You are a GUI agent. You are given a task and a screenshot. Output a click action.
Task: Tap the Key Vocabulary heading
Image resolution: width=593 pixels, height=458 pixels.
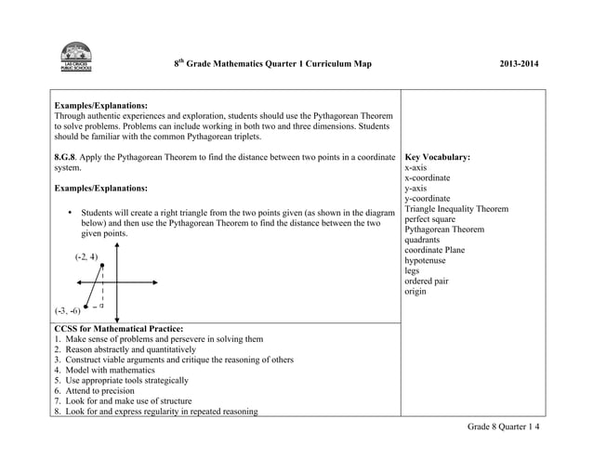(437, 158)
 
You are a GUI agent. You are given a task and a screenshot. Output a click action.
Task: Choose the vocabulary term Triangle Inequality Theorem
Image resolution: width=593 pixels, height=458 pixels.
(456, 209)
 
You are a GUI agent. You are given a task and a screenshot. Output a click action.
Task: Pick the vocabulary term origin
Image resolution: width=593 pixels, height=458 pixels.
(415, 292)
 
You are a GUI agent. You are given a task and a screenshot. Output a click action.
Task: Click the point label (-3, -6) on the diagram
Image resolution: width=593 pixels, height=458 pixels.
(66, 311)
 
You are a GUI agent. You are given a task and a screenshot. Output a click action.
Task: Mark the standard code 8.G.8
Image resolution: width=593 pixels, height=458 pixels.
(66, 158)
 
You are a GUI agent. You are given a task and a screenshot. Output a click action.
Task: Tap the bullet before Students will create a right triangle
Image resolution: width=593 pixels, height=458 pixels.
(71, 213)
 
